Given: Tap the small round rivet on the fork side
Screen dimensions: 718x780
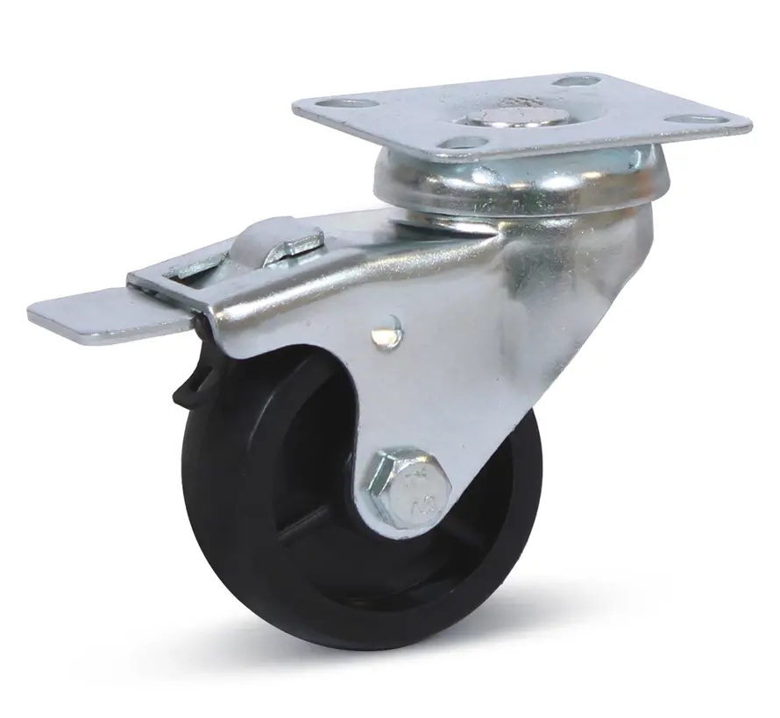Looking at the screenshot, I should [384, 333].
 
